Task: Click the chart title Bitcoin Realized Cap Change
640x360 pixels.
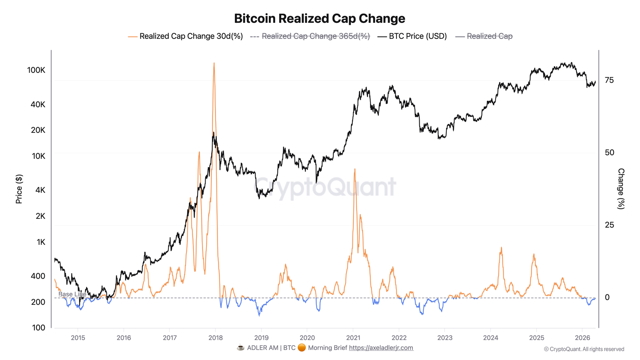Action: point(319,18)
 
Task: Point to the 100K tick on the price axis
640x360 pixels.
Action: point(36,70)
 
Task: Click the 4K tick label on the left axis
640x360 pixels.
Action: point(40,190)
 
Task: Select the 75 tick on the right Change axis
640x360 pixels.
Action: point(609,80)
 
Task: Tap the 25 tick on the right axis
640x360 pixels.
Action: point(609,225)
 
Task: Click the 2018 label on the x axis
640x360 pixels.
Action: point(216,338)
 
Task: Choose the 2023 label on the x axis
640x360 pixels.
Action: point(445,338)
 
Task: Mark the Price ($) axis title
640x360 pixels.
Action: point(19,189)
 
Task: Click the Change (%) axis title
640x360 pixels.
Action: point(621,189)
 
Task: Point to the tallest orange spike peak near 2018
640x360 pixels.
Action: point(214,64)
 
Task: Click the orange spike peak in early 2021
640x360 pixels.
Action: point(354,170)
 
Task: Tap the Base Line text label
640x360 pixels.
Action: point(72,294)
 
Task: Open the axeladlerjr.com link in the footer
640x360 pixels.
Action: point(381,348)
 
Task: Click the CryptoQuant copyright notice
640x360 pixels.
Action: point(584,349)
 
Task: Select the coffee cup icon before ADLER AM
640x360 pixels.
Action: point(240,348)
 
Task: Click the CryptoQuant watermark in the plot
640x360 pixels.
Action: point(325,187)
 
